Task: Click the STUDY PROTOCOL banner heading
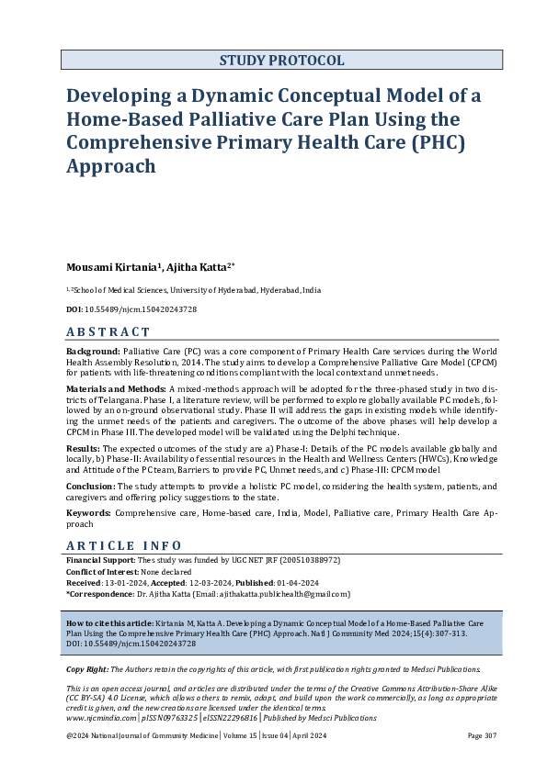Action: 281,61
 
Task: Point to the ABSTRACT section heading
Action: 108,332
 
